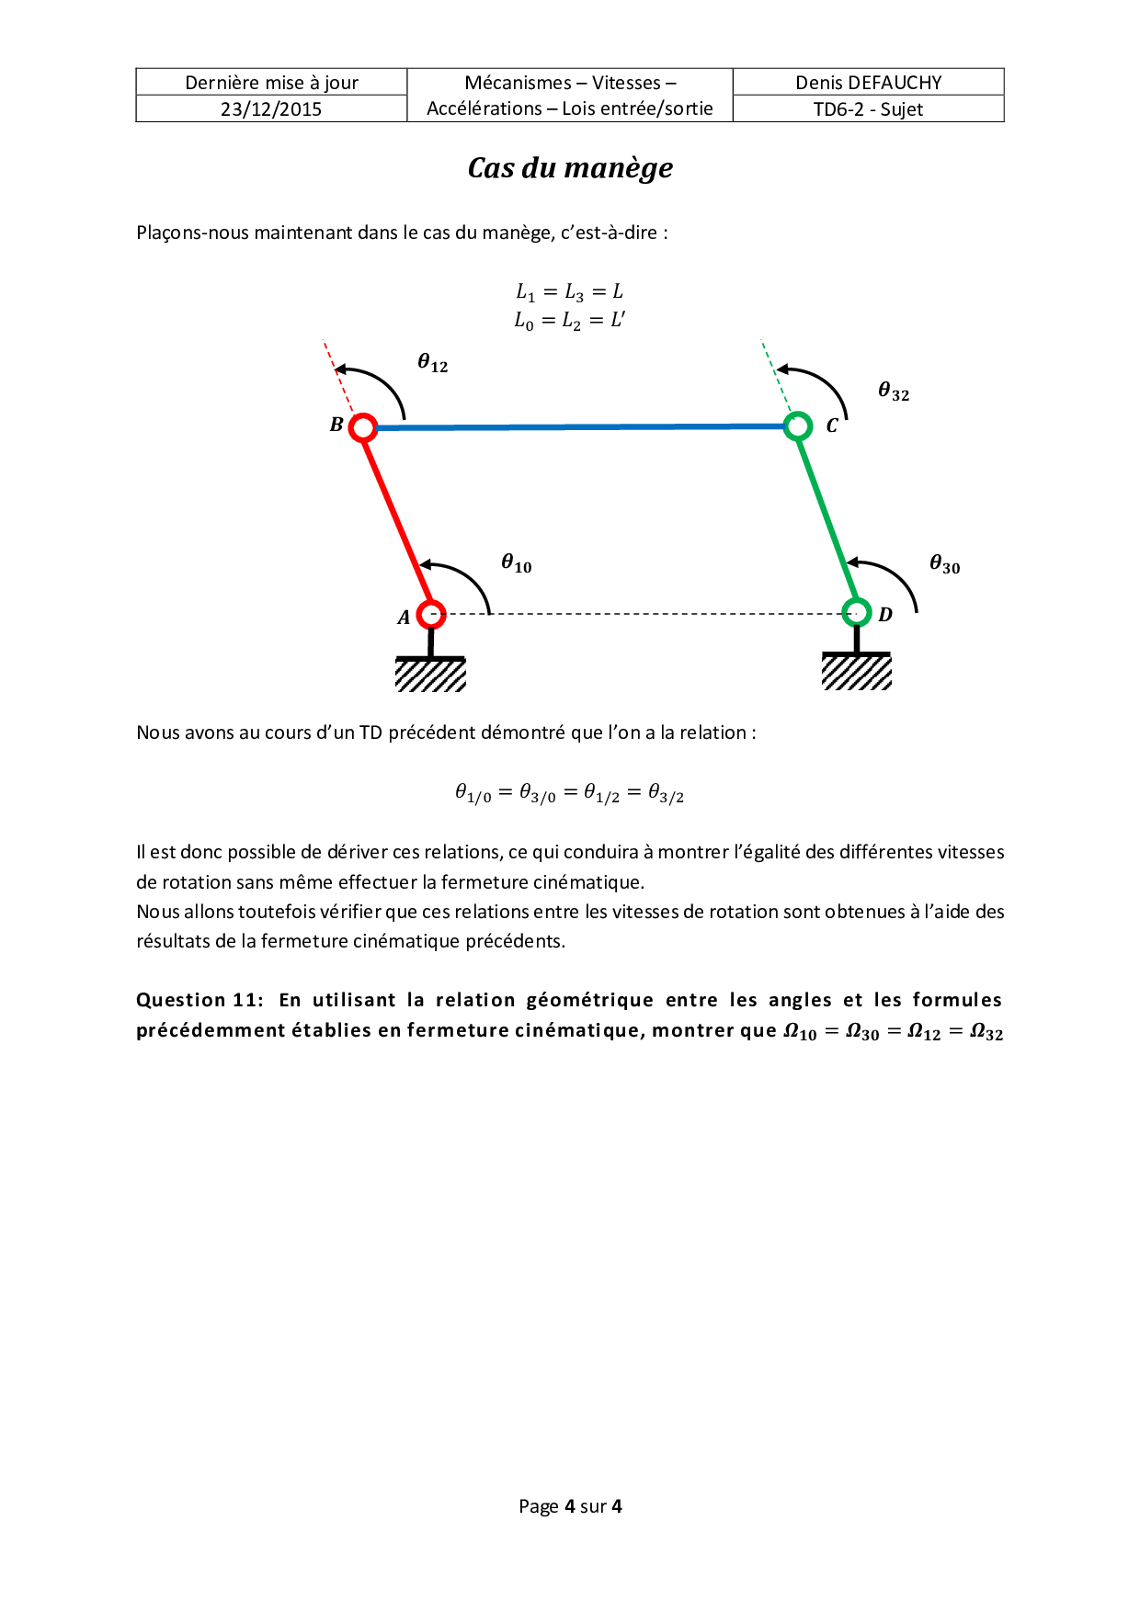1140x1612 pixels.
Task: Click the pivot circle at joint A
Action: coord(430,614)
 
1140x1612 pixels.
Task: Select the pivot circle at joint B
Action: coord(363,427)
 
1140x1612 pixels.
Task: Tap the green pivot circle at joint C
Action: coord(797,426)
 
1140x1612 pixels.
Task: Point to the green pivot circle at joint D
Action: coord(856,611)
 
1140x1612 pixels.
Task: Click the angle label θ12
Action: coord(433,363)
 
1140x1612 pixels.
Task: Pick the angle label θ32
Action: coord(894,392)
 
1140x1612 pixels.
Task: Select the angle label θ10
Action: coord(517,563)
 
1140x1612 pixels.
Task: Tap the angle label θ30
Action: coord(945,564)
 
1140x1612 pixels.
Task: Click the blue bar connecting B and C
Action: coord(579,426)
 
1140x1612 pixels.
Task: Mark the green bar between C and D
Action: coord(826,518)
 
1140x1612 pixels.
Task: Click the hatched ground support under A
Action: coord(430,675)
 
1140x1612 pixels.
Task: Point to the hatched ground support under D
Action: coord(856,672)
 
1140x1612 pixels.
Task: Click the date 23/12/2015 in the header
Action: coord(271,109)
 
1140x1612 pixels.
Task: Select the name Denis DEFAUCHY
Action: coord(869,83)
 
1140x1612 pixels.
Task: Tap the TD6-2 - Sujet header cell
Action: coord(869,109)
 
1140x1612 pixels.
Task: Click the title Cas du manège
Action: coord(570,168)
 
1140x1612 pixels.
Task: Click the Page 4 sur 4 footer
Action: coord(570,1506)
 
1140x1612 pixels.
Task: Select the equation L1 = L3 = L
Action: coord(570,292)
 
